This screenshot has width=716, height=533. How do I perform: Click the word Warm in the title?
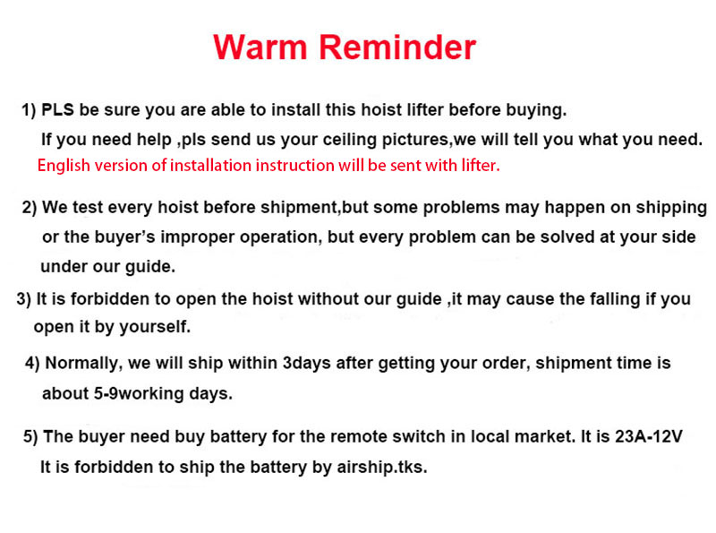click(x=260, y=47)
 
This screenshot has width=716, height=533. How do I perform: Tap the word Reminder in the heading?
click(x=397, y=47)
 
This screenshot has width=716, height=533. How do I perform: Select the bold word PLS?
click(x=57, y=109)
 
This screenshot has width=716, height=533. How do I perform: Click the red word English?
click(x=64, y=166)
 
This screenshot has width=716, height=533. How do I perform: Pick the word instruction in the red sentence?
click(x=294, y=165)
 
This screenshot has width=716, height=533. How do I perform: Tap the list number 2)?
click(x=30, y=208)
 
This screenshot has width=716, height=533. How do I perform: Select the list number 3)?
click(x=24, y=299)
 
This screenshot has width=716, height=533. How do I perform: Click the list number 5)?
click(x=30, y=437)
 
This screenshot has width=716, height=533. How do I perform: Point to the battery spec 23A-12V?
click(x=648, y=436)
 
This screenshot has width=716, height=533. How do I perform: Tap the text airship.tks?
click(x=382, y=468)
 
